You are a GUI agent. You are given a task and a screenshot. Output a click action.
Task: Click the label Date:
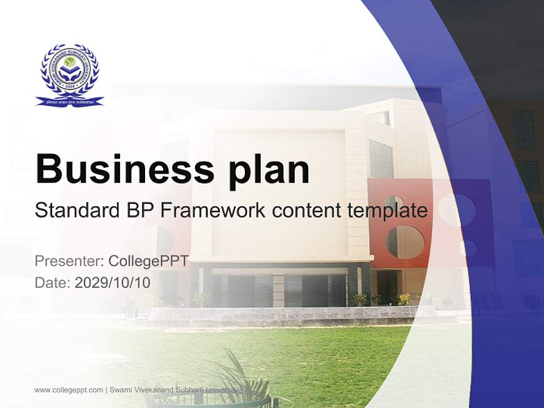(53, 282)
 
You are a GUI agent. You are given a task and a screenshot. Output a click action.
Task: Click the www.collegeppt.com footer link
(69, 390)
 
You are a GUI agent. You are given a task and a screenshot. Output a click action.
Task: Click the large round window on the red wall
(405, 242)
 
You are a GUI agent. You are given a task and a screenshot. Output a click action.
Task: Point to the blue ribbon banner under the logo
(70, 101)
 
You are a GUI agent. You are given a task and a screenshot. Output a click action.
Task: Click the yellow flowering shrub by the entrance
(404, 299)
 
